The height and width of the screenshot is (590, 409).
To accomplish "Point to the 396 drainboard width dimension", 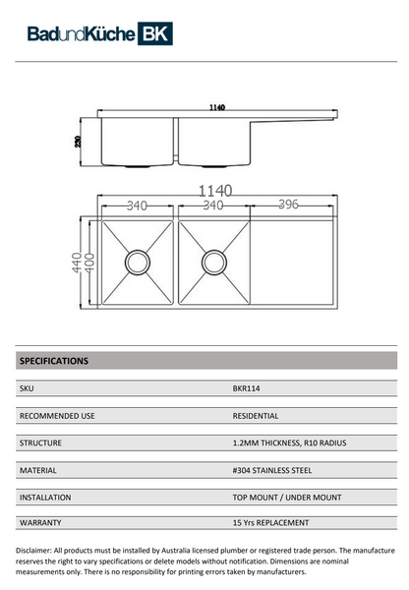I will (x=287, y=206).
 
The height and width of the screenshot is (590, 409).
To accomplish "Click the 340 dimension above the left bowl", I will (x=137, y=206).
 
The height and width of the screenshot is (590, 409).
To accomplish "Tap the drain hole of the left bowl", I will (x=136, y=262).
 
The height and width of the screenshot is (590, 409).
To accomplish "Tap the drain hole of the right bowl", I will (x=212, y=262).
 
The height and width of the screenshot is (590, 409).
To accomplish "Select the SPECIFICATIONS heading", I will (x=54, y=361).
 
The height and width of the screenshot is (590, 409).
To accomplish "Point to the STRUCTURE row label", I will (x=41, y=443).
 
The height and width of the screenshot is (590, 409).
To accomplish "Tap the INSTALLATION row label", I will (x=46, y=498).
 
